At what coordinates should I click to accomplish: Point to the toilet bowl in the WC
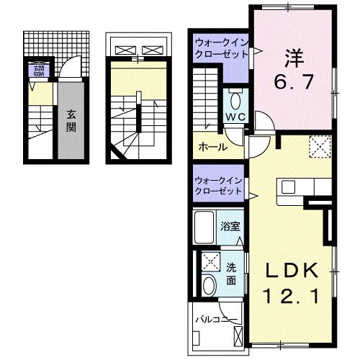click(235, 99)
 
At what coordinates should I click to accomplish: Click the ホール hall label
click(212, 147)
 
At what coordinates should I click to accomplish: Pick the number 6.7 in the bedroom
click(291, 81)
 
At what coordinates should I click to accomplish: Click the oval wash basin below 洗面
click(209, 285)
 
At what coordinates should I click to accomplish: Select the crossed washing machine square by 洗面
click(211, 261)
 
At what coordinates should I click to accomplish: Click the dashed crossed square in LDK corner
click(319, 148)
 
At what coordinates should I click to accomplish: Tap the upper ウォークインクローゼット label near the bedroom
click(219, 50)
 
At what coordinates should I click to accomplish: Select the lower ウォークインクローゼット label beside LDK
click(219, 185)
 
